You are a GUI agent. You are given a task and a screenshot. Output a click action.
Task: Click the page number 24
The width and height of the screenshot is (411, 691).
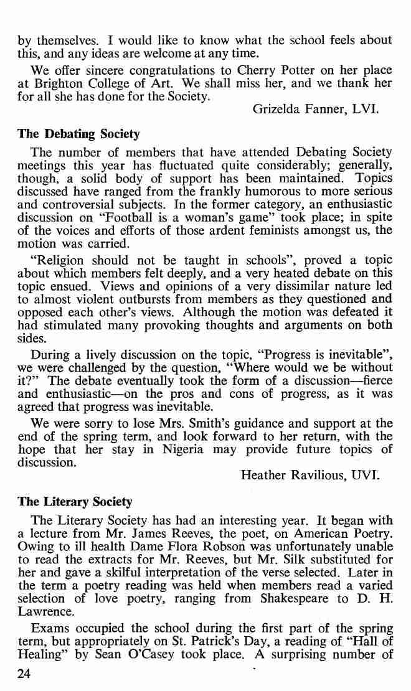coord(26,675)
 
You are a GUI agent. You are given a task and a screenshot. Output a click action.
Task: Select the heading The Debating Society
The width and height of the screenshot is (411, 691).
coord(78,134)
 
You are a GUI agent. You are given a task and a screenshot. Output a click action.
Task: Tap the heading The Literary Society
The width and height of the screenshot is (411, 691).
coord(75,502)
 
